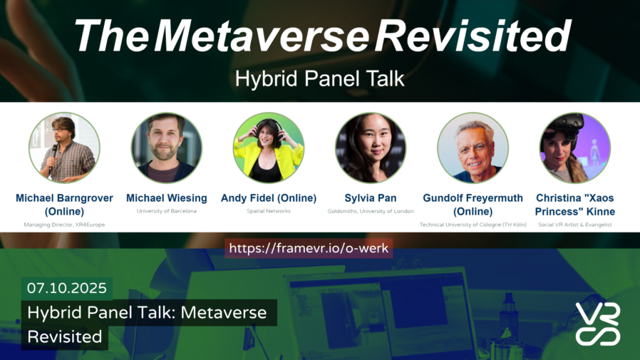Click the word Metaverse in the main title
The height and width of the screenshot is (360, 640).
pos(262,36)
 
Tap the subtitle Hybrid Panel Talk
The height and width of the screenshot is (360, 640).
pos(319,78)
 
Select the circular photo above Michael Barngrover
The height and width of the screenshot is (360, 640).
pos(64,148)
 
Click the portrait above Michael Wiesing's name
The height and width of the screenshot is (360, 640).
pos(167,148)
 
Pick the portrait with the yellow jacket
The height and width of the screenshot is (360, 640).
pos(269,148)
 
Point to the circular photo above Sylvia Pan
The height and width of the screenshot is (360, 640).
pos(371,148)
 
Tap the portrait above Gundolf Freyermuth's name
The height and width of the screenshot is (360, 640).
pos(473,148)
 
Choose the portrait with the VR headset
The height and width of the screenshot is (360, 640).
pos(574,148)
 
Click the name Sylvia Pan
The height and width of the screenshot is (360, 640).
pos(371,198)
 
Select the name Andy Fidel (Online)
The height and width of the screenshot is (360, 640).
pos(269,198)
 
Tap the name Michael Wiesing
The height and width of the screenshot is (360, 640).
pos(167,198)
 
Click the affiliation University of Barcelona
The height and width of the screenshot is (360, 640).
pos(167,211)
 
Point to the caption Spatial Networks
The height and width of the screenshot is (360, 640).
pos(269,211)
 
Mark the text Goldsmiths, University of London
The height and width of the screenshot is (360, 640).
pos(371,211)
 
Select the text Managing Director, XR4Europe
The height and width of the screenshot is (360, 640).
pos(64,225)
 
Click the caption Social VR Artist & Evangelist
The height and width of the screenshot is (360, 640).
pos(574,225)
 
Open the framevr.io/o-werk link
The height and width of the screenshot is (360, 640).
pos(309,248)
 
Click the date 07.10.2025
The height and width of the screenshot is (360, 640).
pos(67,288)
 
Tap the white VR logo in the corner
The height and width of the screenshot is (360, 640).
pos(598,324)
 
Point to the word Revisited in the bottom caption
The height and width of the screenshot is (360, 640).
pos(64,336)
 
